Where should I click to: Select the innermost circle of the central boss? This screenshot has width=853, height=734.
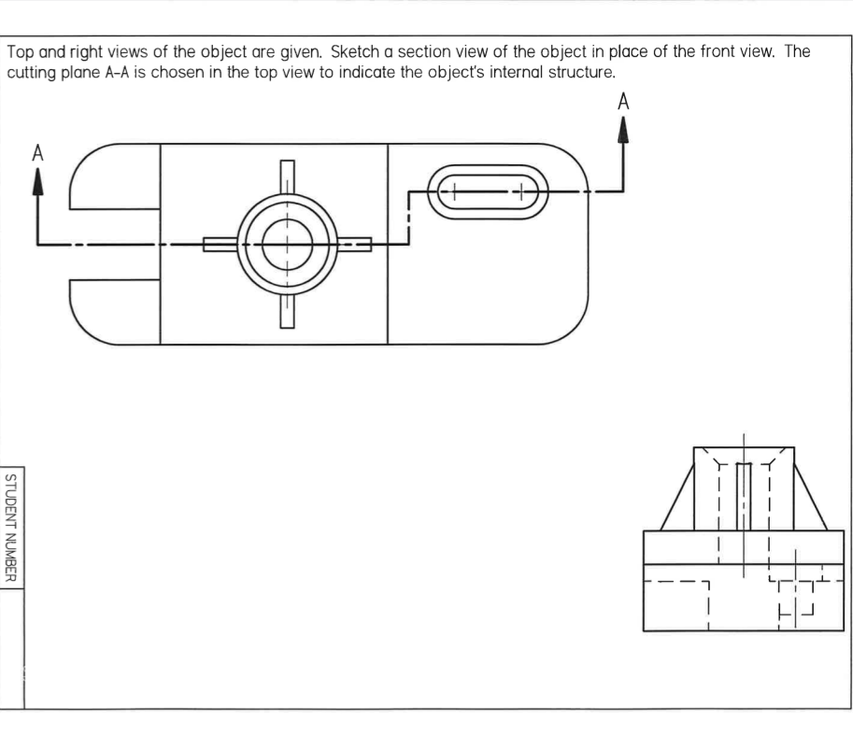[287, 245]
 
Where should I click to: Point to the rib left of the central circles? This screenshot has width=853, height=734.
[219, 245]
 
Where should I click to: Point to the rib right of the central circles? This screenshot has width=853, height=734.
[355, 245]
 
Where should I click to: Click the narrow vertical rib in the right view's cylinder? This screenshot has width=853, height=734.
[744, 495]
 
